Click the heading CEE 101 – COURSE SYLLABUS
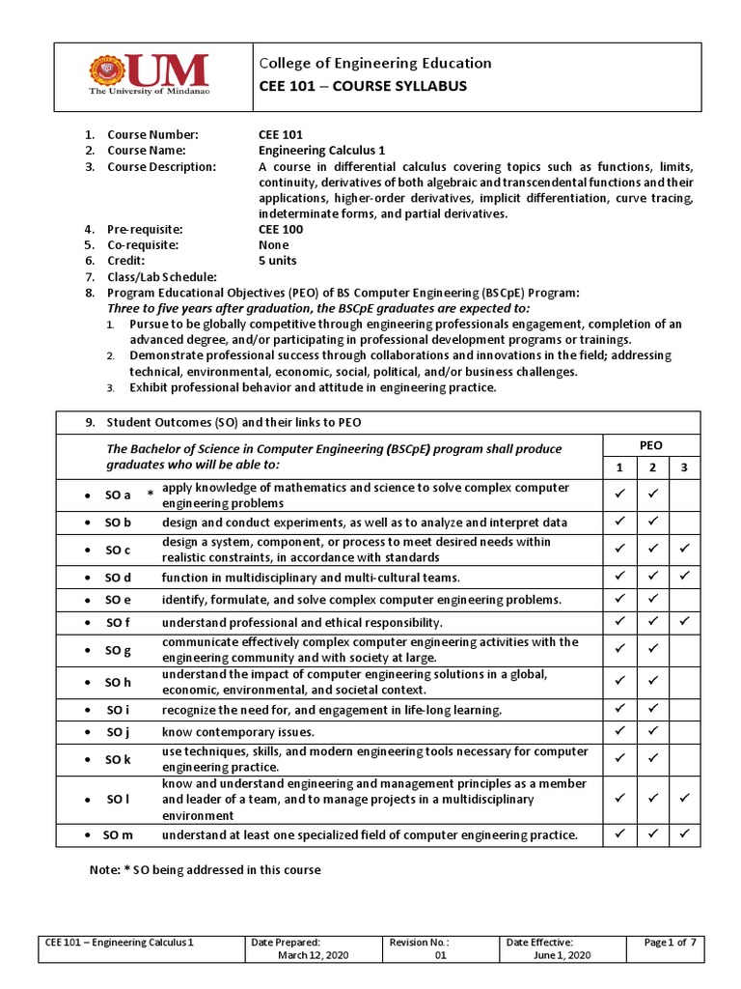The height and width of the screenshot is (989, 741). click(363, 86)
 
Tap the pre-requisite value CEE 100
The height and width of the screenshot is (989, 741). click(281, 229)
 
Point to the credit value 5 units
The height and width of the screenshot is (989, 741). click(278, 261)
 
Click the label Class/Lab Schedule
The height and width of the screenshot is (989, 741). click(161, 277)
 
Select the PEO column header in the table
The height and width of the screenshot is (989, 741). click(650, 446)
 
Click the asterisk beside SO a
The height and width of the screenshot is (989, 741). click(150, 495)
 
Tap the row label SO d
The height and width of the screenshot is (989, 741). click(119, 578)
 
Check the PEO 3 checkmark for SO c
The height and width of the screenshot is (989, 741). click(683, 550)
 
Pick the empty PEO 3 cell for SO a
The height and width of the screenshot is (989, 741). click(683, 494)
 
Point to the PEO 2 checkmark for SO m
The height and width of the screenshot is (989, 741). click(651, 834)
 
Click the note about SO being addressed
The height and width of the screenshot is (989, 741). click(205, 869)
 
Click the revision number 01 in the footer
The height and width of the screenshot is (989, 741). click(440, 954)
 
